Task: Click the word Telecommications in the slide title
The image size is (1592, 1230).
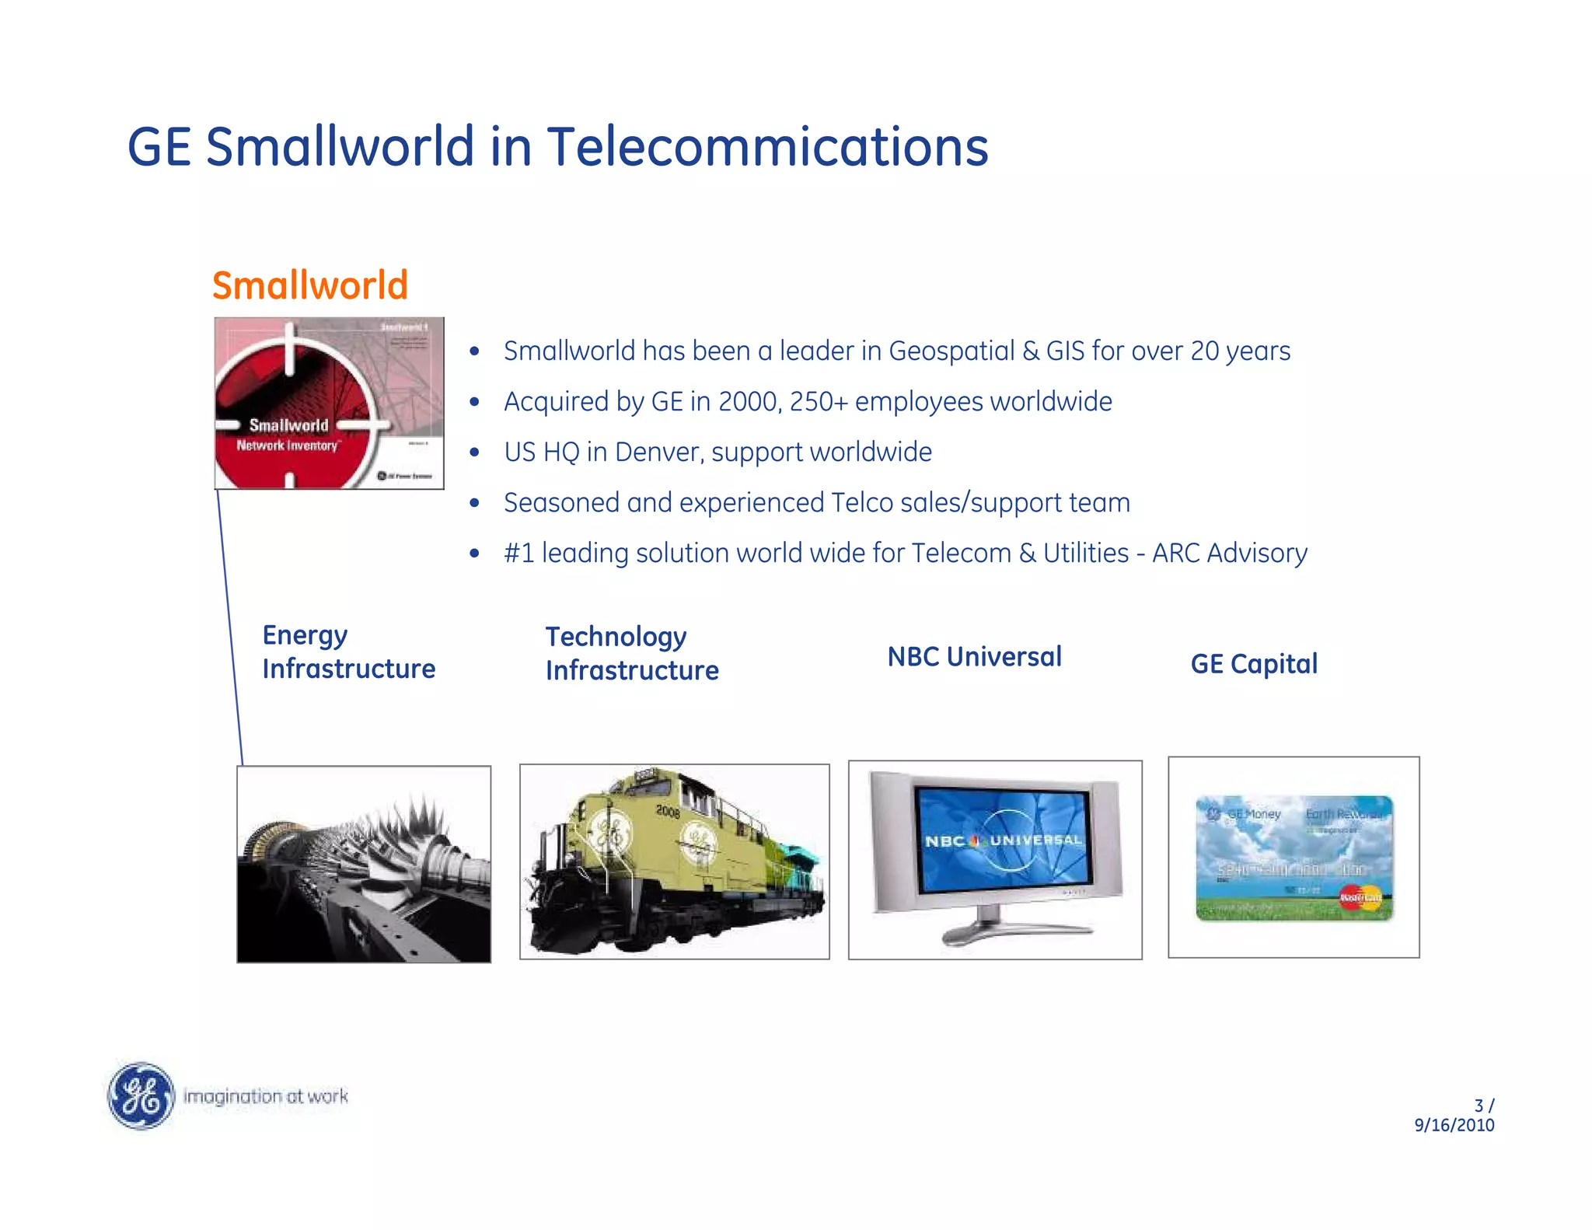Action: tap(767, 147)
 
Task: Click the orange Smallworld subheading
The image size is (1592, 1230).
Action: tap(309, 285)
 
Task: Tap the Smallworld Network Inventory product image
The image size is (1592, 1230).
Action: tap(329, 403)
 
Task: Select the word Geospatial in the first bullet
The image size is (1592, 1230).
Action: tap(951, 351)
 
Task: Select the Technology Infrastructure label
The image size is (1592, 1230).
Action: tap(631, 653)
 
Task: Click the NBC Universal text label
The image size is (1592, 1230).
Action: tap(974, 657)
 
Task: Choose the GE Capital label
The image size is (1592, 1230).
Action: tap(1254, 664)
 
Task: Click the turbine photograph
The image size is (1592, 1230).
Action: tap(364, 864)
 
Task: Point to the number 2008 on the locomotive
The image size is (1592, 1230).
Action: tap(668, 812)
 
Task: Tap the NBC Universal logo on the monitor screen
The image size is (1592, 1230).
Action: tap(1004, 840)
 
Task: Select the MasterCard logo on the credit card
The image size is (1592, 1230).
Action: tap(1360, 897)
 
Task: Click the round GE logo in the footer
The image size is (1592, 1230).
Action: tap(141, 1095)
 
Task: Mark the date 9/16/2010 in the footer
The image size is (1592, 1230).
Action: tap(1454, 1125)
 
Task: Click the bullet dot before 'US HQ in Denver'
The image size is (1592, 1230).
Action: tap(474, 453)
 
